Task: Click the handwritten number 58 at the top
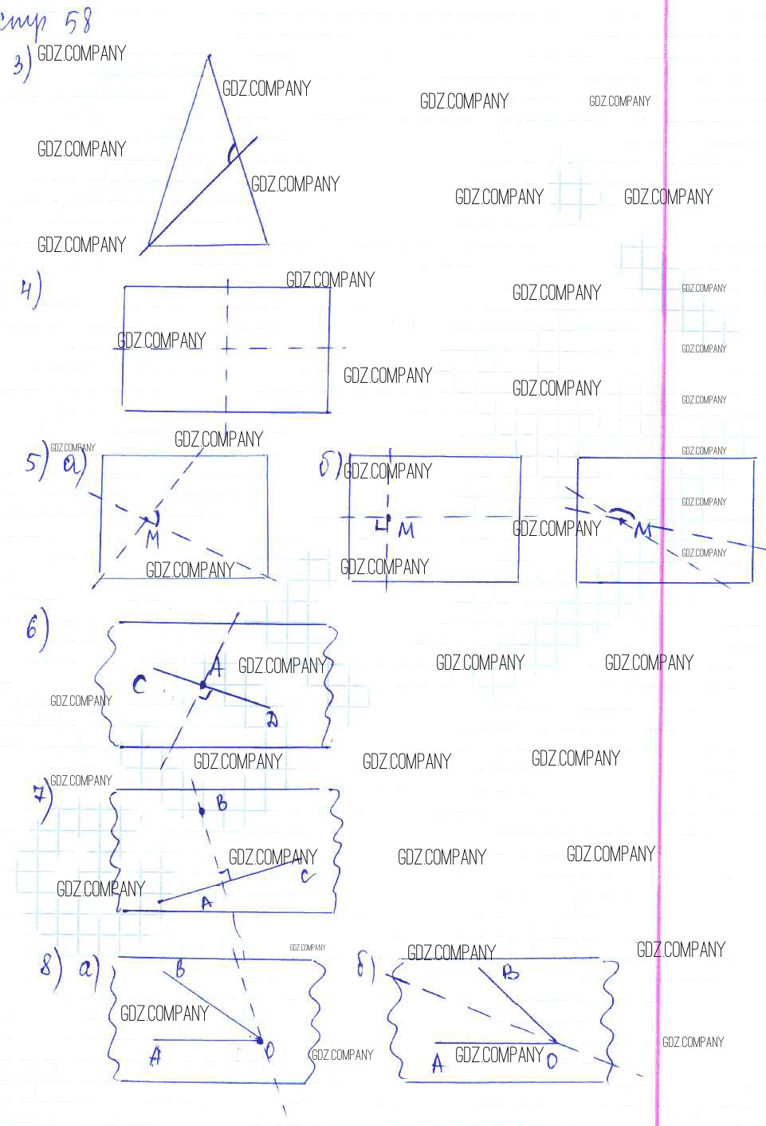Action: pyautogui.click(x=78, y=22)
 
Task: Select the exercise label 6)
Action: pyautogui.click(x=36, y=628)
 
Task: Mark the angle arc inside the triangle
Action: pyautogui.click(x=231, y=152)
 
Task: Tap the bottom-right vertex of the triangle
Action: pyautogui.click(x=267, y=242)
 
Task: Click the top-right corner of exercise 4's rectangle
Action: pyautogui.click(x=329, y=287)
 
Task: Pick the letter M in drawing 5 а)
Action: pyautogui.click(x=152, y=539)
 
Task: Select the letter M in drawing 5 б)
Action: pyautogui.click(x=407, y=530)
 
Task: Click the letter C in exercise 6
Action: pyautogui.click(x=139, y=684)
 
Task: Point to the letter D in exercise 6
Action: pyautogui.click(x=272, y=719)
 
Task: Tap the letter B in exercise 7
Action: pyautogui.click(x=222, y=803)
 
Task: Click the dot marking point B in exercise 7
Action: pyautogui.click(x=202, y=811)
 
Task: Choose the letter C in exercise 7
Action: pyautogui.click(x=306, y=876)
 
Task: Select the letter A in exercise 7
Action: pyautogui.click(x=206, y=903)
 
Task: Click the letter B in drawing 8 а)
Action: pyautogui.click(x=180, y=970)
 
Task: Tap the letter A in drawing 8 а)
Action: pyautogui.click(x=155, y=1057)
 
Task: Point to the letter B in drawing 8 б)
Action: pyautogui.click(x=510, y=972)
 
